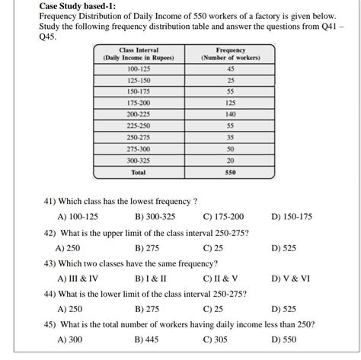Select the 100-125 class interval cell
point(138,68)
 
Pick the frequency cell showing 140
point(231,113)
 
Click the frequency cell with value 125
point(231,102)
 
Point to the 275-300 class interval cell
point(138,149)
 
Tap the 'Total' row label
point(138,172)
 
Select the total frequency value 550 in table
point(231,172)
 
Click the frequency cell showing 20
point(231,161)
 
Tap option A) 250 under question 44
point(69,309)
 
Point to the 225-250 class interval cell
point(138,125)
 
